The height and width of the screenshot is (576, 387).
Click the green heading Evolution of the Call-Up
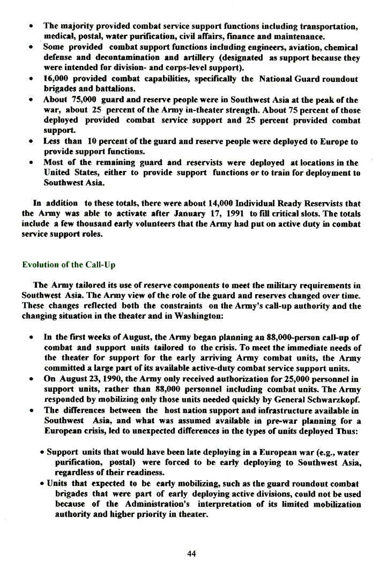69,265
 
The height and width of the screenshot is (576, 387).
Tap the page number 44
191,553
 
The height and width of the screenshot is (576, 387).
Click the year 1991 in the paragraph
235,214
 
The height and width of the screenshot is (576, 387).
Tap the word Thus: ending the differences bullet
348,431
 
